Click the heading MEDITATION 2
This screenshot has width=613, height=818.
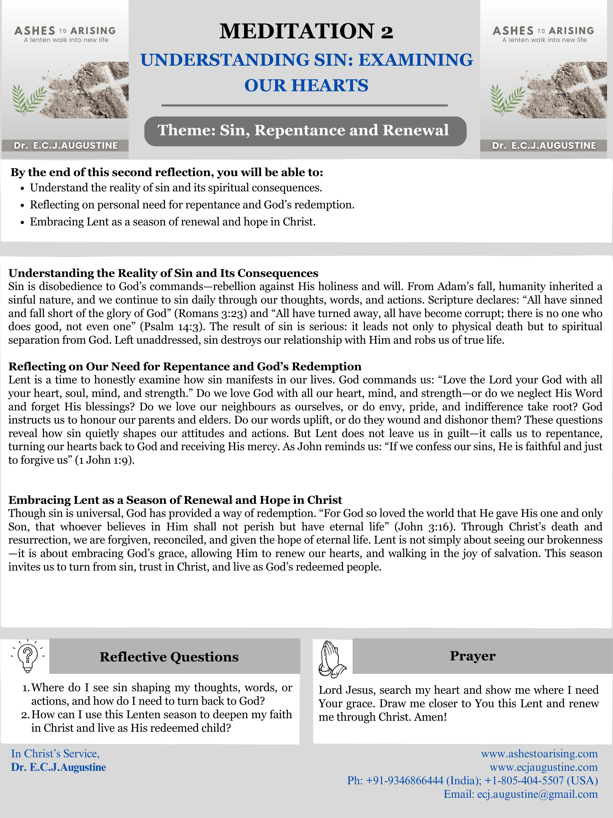(x=306, y=31)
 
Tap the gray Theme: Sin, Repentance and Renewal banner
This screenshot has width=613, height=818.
(x=305, y=131)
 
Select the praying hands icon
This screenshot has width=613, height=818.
(x=331, y=659)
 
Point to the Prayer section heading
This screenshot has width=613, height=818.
(x=472, y=656)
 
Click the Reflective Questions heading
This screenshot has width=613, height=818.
(x=169, y=657)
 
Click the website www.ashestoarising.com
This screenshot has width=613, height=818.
(x=539, y=754)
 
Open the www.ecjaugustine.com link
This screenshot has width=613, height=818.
(x=543, y=767)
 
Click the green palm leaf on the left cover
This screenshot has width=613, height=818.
(x=28, y=99)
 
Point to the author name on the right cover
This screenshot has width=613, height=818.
(x=544, y=146)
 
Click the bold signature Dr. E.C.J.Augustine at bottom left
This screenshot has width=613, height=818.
(x=59, y=767)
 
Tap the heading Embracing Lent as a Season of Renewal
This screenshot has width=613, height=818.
(x=175, y=500)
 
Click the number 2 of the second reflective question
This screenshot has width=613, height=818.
(x=24, y=715)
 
